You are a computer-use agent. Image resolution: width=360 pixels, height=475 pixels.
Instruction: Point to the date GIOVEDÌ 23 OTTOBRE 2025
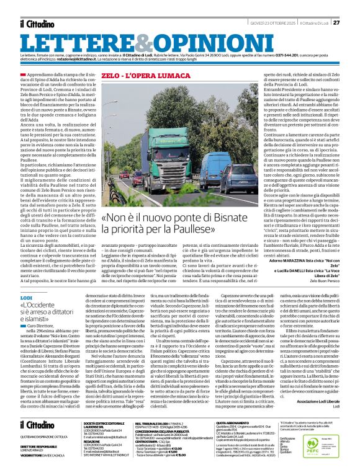tap(269, 23)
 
